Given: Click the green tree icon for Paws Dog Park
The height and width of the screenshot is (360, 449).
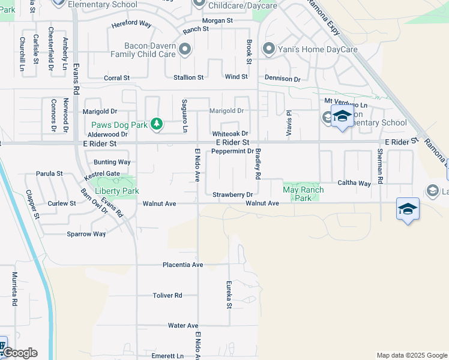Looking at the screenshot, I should pyautogui.click(x=157, y=124).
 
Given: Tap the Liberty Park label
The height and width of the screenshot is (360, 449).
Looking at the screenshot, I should pyautogui.click(x=114, y=191).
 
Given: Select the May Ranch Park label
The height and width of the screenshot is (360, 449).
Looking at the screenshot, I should pyautogui.click(x=303, y=194).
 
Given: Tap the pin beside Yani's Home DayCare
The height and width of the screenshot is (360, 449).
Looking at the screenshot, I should pyautogui.click(x=269, y=49).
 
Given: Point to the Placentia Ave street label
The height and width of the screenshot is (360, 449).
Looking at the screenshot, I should pyautogui.click(x=182, y=265).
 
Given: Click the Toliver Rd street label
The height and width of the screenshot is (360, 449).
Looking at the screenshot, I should pyautogui.click(x=167, y=295).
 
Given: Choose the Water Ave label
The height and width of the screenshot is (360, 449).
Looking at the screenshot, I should pyautogui.click(x=183, y=325).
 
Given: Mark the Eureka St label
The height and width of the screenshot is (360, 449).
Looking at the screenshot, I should pyautogui.click(x=229, y=295).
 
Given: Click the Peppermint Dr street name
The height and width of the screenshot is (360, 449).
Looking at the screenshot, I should pyautogui.click(x=232, y=151).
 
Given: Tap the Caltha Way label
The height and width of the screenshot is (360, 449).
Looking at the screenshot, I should pyautogui.click(x=354, y=183).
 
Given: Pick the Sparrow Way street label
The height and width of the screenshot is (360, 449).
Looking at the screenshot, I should pyautogui.click(x=86, y=234).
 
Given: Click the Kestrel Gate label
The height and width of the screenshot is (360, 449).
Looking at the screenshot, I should pyautogui.click(x=103, y=173).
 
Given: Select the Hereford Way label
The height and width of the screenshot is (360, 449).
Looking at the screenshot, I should pyautogui.click(x=131, y=25).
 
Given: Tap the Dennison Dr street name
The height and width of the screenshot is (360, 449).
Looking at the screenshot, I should pyautogui.click(x=282, y=79).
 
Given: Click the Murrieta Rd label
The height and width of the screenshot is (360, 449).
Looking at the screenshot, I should pyautogui.click(x=14, y=288).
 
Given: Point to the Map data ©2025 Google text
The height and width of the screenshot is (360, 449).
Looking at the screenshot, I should pyautogui.click(x=412, y=355).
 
